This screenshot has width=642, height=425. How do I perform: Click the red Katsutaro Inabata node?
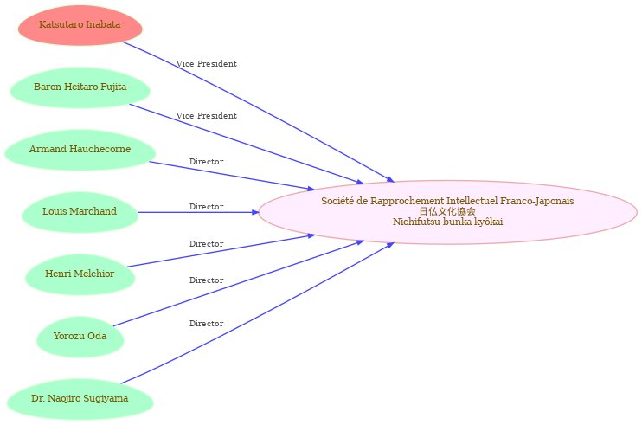pos(80,25)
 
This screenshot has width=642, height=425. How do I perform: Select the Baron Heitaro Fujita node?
pos(80,87)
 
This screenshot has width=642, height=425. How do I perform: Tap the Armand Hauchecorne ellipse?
pos(80,150)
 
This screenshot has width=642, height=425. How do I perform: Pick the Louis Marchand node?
pos(80,212)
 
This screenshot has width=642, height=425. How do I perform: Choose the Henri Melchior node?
pos(80,274)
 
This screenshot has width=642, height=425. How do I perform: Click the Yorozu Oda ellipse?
pos(80,337)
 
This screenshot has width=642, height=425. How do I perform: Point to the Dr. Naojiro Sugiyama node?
pos(80,399)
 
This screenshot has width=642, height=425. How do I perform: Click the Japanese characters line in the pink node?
pos(447,211)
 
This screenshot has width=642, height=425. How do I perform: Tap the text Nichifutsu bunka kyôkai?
pos(447,222)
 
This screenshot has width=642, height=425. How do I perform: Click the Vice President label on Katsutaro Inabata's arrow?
pos(206,64)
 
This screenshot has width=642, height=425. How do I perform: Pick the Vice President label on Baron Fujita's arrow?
pos(206,116)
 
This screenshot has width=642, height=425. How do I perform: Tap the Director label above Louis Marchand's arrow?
pos(206,207)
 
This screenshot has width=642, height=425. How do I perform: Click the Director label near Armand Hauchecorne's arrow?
pos(206,162)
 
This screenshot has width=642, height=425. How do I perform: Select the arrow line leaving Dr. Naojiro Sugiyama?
pos(258,313)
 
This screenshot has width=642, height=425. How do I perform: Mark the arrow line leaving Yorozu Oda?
pos(239,283)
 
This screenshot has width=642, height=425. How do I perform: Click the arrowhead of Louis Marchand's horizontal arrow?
pos(255,212)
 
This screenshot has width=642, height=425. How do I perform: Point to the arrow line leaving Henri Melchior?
pos(221,251)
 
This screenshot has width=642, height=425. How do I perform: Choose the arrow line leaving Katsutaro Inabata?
pos(259,112)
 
